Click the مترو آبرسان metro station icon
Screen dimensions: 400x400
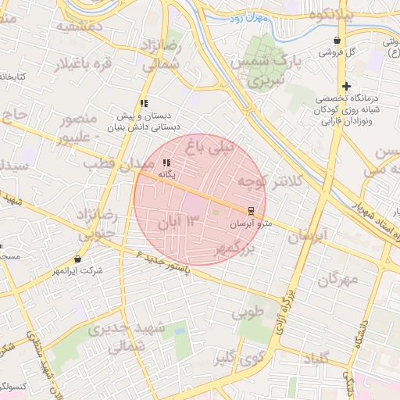[250, 211]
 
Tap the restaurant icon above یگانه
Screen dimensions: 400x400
[165, 162]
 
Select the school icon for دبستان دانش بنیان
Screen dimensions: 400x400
[144, 103]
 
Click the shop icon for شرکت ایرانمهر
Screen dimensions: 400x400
[77, 259]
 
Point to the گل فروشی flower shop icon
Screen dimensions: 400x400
[337, 41]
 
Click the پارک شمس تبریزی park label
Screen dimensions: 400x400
[270, 71]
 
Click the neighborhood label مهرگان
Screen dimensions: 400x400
[338, 278]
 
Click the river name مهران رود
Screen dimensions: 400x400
[251, 16]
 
